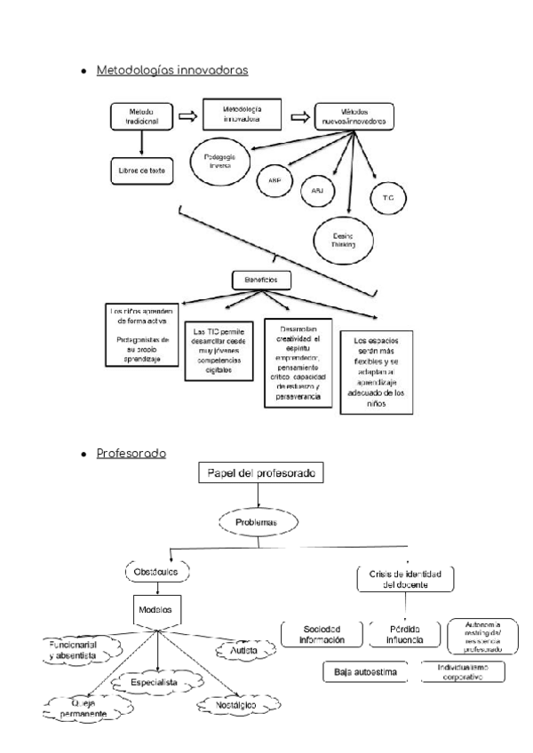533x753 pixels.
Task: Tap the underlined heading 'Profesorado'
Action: (x=132, y=454)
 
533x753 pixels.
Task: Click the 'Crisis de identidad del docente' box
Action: (x=404, y=579)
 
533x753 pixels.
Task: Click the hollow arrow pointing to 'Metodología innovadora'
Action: (x=187, y=115)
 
